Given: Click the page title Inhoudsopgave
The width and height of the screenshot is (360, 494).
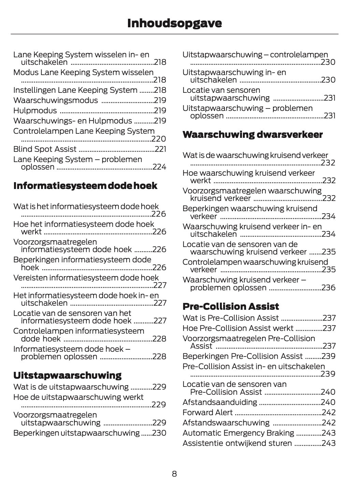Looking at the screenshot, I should coord(174,23).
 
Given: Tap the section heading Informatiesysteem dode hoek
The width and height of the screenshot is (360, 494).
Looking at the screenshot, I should coord(85,186).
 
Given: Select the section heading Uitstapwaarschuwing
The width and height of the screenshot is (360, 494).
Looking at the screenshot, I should coord(67,375).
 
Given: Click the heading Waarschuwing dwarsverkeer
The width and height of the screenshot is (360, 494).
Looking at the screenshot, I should coord(253,135).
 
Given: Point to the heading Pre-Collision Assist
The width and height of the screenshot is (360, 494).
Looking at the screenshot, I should coord(231,306).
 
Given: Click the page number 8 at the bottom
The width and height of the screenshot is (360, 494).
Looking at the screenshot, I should coord(174,474).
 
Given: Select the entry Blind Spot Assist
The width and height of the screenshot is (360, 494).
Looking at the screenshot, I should coord(45,149).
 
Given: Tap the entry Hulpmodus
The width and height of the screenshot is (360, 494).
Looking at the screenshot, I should coord(35,111).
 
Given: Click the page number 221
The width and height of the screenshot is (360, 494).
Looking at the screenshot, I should coord(160,149).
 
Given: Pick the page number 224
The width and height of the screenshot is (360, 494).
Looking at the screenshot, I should coord(159,167).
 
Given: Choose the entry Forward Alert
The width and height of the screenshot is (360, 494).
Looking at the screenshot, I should coord(207,412).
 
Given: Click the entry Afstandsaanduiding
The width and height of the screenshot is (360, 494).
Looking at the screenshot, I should coord(220,402).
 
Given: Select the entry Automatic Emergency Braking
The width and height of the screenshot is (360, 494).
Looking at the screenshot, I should coord(238,433).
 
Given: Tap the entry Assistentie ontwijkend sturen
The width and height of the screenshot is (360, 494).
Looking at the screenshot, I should coord(237,443).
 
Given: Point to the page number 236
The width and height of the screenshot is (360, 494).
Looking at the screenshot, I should coord(328,288).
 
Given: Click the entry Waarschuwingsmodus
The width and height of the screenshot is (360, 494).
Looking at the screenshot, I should coord(55,100).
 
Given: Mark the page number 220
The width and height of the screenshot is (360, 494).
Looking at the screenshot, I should coord(159,139).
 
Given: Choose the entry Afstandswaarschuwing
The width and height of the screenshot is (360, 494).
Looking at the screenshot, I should coord(226,423).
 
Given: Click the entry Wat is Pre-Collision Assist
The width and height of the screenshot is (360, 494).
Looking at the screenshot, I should coord(231,318).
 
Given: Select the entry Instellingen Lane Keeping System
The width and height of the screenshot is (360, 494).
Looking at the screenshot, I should coord(75,90).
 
